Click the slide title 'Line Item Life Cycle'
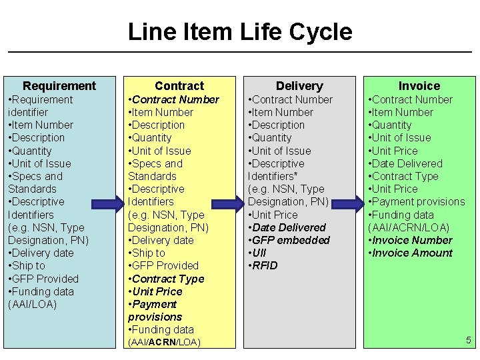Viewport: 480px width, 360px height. tap(239, 31)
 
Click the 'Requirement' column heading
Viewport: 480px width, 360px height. tap(59, 85)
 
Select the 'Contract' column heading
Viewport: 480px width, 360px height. tap(179, 85)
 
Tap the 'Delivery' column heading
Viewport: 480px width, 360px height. tap(299, 85)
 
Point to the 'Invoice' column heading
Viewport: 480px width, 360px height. tap(419, 85)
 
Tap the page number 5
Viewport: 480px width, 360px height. tap(468, 341)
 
